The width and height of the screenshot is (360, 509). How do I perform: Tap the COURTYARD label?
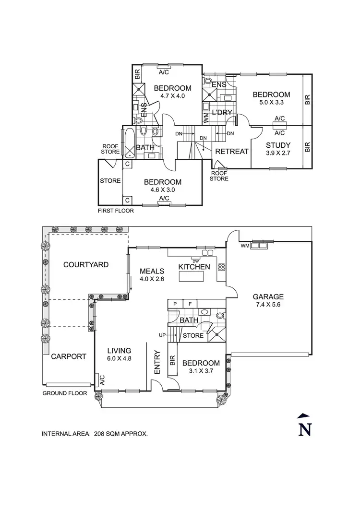pyautogui.click(x=86, y=264)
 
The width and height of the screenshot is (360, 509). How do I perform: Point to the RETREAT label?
pyautogui.click(x=232, y=151)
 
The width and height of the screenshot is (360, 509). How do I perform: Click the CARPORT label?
pyautogui.click(x=69, y=356)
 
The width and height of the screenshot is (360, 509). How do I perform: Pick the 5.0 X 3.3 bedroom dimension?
pyautogui.click(x=271, y=103)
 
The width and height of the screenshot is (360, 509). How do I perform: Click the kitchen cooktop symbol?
pyautogui.click(x=222, y=267)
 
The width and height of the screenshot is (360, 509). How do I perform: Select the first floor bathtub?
pyautogui.click(x=129, y=142)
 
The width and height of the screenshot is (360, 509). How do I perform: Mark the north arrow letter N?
pyautogui.click(x=303, y=428)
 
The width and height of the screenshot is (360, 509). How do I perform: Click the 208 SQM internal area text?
pyautogui.click(x=95, y=434)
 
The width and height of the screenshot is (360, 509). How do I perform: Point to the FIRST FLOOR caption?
pyautogui.click(x=116, y=210)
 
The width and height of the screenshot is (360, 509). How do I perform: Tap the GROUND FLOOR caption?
pyautogui.click(x=65, y=393)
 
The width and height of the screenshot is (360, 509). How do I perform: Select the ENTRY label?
pyautogui.click(x=157, y=363)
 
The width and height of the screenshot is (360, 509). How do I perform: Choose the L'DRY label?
pyautogui.click(x=222, y=113)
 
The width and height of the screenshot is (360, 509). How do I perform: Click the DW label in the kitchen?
pyautogui.click(x=195, y=260)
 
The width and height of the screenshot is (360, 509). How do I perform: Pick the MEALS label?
pyautogui.click(x=152, y=271)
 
